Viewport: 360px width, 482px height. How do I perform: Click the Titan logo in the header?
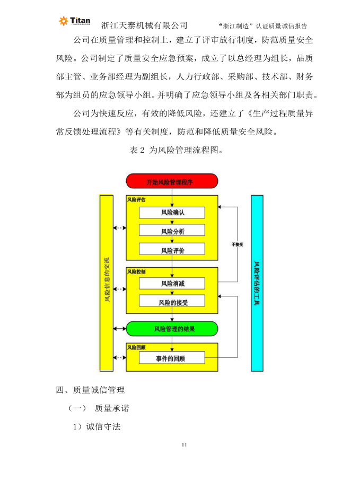(74, 21)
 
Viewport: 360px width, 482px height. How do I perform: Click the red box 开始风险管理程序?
(172, 181)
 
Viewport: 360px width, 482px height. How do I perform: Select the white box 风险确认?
(172, 213)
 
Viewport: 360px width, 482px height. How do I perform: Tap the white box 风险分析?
(172, 231)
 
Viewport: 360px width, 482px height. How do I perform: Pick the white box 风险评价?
(172, 250)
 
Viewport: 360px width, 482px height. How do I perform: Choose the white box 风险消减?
(172, 283)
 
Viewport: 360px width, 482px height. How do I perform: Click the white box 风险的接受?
(172, 302)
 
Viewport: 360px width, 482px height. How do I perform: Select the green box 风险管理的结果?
(172, 329)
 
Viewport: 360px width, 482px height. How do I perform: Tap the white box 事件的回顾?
(172, 358)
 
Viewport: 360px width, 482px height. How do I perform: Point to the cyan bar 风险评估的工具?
(257, 283)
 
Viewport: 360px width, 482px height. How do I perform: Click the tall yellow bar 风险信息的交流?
(107, 283)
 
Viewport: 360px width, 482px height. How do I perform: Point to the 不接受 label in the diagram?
(237, 244)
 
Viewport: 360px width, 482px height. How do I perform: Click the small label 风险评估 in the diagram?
(136, 200)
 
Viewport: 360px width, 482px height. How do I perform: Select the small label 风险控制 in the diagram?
(136, 271)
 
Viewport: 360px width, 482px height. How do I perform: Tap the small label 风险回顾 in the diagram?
(136, 347)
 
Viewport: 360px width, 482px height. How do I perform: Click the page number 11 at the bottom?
(185, 444)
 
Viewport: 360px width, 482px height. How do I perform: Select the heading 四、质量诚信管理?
(91, 390)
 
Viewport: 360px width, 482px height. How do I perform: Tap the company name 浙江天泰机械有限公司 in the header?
(144, 25)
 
